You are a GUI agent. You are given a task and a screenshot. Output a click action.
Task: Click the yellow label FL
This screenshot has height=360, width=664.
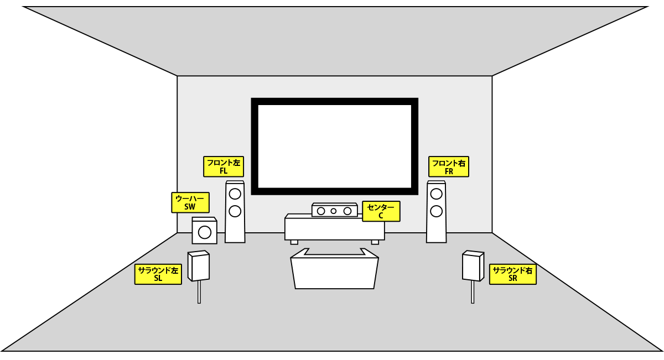tap(224, 166)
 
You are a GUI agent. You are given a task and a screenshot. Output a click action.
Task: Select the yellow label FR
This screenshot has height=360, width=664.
tap(449, 166)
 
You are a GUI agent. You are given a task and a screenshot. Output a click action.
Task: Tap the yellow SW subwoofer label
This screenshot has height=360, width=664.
tap(190, 202)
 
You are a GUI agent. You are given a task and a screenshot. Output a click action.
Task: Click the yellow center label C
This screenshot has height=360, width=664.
tap(381, 211)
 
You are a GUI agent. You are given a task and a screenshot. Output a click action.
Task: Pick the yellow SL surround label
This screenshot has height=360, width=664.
tap(158, 274)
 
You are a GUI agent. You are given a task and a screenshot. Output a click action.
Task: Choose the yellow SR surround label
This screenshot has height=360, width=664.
tap(512, 274)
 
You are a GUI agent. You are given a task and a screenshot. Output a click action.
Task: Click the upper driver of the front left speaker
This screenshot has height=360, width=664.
tap(235, 194)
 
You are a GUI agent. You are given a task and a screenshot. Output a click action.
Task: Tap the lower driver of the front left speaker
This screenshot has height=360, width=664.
tap(235, 211)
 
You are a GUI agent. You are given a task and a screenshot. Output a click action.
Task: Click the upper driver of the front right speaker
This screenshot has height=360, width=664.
tap(436, 194)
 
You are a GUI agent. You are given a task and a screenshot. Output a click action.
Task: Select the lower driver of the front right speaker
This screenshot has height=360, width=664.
tap(436, 211)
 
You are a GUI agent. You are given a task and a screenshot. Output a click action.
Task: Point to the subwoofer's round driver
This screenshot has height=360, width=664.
tap(204, 232)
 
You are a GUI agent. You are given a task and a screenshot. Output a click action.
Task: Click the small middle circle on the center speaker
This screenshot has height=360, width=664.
tap(334, 211)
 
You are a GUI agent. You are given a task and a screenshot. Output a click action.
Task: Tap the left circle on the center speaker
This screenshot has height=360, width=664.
tap(321, 211)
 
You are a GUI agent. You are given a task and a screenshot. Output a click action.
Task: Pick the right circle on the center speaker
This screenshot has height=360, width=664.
tap(347, 211)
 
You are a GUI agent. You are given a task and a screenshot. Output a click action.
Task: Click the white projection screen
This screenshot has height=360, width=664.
tap(334, 146)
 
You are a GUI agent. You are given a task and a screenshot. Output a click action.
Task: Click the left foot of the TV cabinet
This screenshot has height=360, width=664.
tap(294, 242)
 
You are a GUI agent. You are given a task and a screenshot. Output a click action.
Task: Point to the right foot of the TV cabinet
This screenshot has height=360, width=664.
tap(375, 242)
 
